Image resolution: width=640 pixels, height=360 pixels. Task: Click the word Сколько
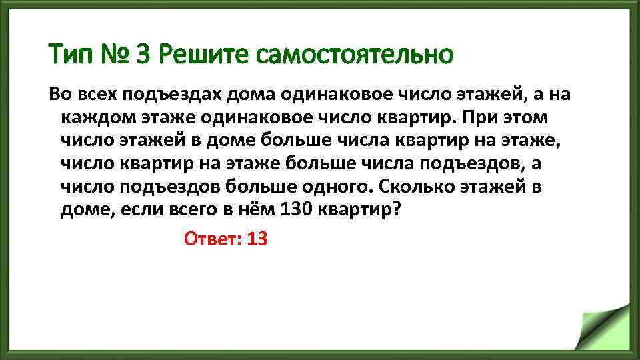click(410, 187)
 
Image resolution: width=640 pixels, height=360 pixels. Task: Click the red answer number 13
click(257, 239)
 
